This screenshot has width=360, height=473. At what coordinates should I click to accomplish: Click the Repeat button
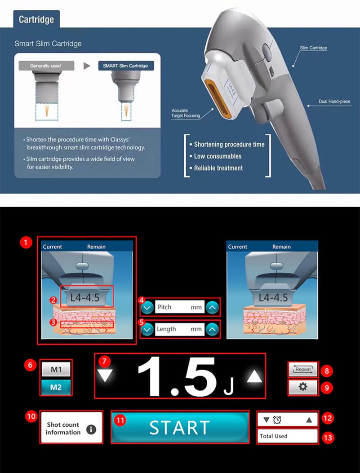303,370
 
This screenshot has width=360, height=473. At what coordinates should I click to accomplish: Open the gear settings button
303,387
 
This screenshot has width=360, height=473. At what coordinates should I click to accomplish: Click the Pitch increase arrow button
213,308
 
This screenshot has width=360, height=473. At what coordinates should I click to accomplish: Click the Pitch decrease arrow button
147,308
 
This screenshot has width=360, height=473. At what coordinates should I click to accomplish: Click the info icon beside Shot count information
91,429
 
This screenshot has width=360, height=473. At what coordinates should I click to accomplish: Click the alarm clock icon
277,420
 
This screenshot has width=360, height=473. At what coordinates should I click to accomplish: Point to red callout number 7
104,361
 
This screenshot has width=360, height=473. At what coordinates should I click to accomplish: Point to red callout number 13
329,437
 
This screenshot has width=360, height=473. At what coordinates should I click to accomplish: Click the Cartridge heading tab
36,20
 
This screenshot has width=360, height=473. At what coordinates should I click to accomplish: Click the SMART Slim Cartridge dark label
125,66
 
